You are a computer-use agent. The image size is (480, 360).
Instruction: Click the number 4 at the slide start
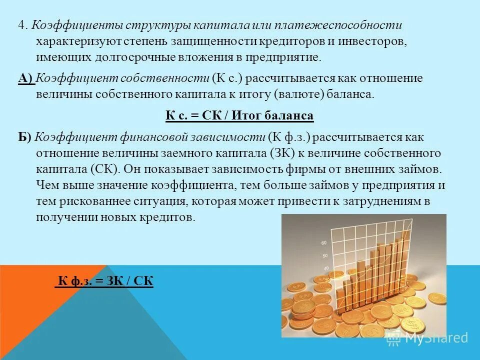[x=21, y=25]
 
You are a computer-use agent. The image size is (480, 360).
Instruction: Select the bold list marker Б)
[x=25, y=137]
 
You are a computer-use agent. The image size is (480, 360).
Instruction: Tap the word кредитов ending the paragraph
[x=168, y=217]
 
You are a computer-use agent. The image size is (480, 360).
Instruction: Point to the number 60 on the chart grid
[x=323, y=243]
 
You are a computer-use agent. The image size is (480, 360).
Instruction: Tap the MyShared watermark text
[x=435, y=337]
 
